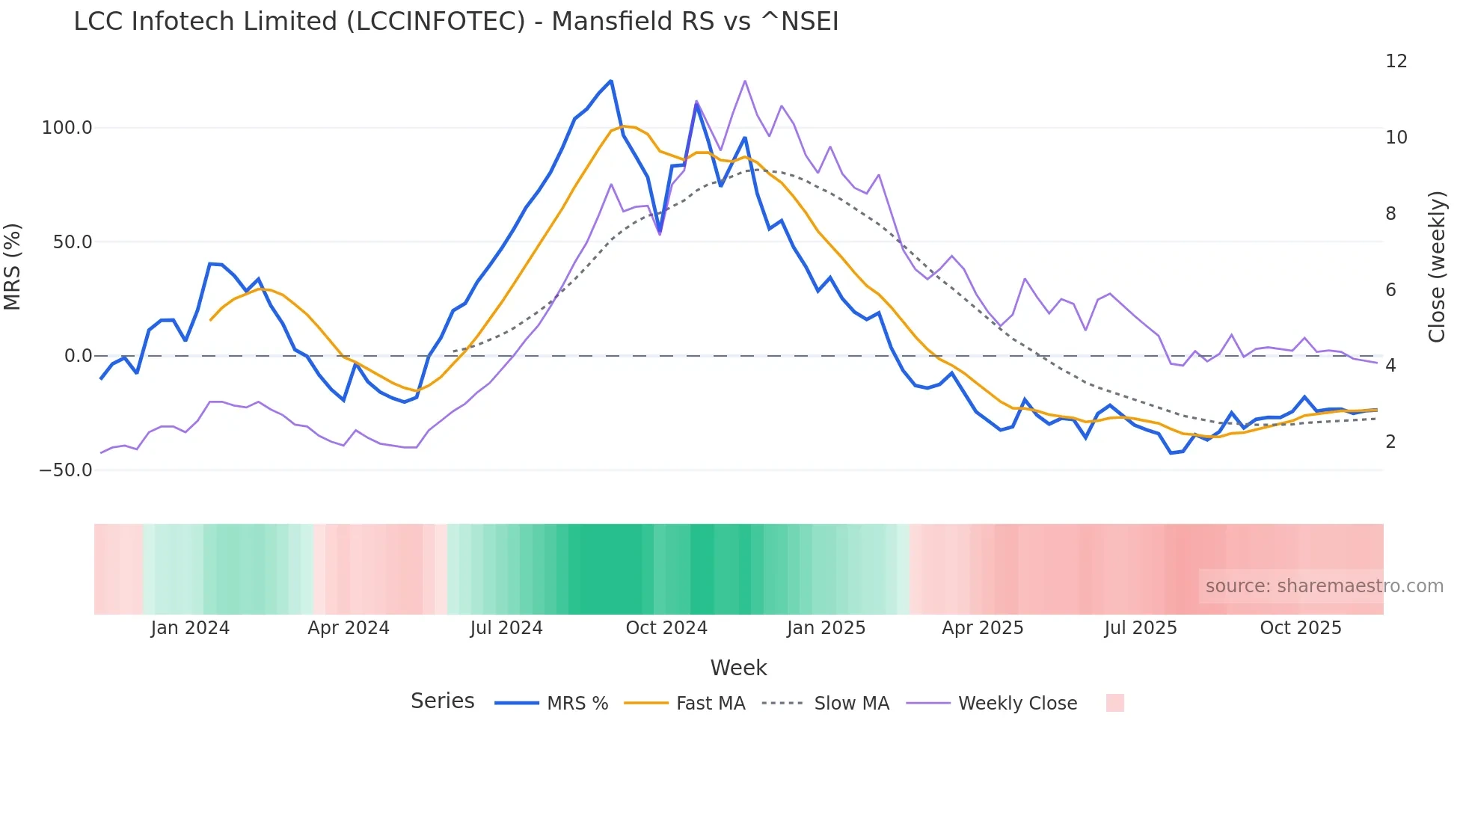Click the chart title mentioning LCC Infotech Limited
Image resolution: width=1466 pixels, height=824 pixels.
point(456,22)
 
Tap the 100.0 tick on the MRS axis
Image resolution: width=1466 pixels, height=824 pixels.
point(67,128)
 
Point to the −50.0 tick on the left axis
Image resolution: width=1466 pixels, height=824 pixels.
point(66,470)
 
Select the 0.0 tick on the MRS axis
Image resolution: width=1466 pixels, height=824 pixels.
point(78,356)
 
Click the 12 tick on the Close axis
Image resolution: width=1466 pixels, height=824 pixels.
point(1396,61)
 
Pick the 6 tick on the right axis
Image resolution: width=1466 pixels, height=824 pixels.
point(1390,290)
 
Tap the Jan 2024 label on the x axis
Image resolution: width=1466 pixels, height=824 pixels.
point(190,628)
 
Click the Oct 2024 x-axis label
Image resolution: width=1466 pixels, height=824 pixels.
point(666,628)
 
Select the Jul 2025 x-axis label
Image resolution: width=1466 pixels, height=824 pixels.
point(1141,628)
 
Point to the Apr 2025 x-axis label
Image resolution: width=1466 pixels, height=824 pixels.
point(982,628)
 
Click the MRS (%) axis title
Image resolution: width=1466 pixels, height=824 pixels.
point(13,267)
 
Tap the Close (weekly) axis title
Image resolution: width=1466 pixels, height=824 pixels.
point(1437,267)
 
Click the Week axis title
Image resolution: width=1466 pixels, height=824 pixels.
point(738,668)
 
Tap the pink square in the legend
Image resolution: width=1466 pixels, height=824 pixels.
point(1114,703)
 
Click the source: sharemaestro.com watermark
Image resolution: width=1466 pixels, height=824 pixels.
point(1324,586)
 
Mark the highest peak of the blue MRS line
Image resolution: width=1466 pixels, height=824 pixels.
point(611,81)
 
